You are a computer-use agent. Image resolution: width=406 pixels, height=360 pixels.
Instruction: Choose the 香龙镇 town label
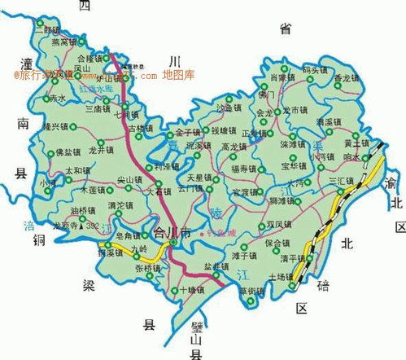[x=345, y=78]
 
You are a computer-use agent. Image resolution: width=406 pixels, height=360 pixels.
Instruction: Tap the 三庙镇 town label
[x=98, y=107]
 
